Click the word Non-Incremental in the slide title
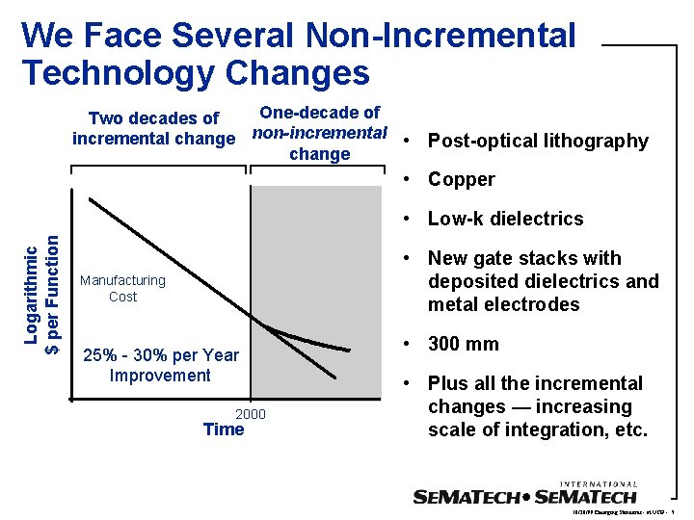[440, 36]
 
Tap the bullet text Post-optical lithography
[538, 141]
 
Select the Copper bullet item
[461, 179]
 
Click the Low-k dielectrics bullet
[505, 219]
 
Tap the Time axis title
[224, 429]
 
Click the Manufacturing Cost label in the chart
[122, 288]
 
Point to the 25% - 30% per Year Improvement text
[161, 365]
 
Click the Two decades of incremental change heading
[153, 128]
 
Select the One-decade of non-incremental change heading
[319, 133]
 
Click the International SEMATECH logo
[524, 495]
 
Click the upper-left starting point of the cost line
[90, 199]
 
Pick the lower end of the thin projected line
[335, 377]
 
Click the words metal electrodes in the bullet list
[503, 304]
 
